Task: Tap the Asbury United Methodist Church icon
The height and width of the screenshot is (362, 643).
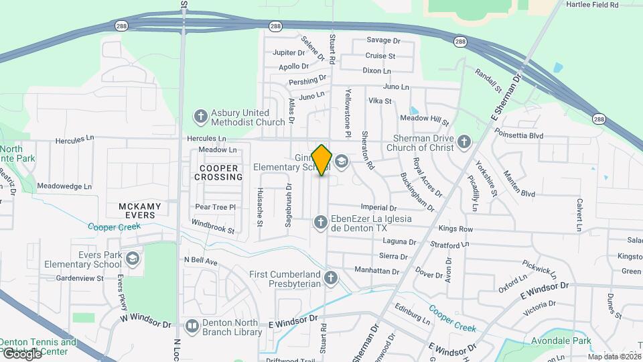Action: pos(200,117)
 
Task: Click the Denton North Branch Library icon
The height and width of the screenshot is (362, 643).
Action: pos(193,326)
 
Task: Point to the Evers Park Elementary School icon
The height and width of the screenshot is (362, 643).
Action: pos(133,259)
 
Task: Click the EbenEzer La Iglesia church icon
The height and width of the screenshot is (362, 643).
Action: pos(321,223)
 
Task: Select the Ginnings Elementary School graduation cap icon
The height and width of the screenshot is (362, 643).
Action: pos(342,162)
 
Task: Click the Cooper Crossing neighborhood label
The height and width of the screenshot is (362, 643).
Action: pos(218,172)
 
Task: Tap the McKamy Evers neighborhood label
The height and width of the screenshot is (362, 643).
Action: pos(137,210)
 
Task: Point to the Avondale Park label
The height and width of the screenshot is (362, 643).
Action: pos(563,341)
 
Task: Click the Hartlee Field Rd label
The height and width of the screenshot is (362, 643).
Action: pos(591,5)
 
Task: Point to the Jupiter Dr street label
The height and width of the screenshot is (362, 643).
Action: pos(289,52)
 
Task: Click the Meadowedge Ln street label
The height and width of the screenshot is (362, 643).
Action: pos(64,186)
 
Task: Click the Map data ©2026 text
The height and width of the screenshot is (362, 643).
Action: pos(614,356)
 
